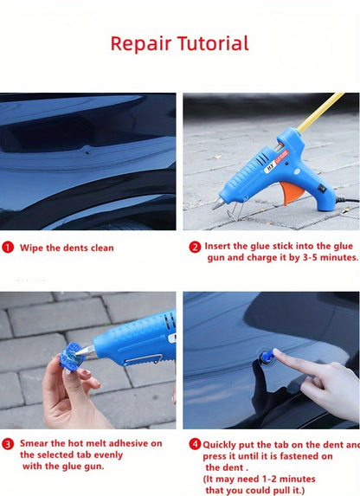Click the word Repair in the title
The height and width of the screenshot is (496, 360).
[141, 43]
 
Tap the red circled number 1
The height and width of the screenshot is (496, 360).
[8, 248]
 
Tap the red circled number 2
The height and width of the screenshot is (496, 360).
[195, 246]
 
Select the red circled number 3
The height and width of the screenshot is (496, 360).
[8, 443]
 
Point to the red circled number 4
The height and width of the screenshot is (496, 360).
[195, 443]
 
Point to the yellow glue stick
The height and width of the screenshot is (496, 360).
[319, 113]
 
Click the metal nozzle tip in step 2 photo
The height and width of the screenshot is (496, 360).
[218, 205]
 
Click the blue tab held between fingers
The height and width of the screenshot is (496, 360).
[72, 357]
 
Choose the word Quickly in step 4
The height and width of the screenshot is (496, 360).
[222, 444]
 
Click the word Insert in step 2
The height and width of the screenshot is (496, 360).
[221, 247]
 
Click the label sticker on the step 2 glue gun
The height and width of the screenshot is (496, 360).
[271, 162]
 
